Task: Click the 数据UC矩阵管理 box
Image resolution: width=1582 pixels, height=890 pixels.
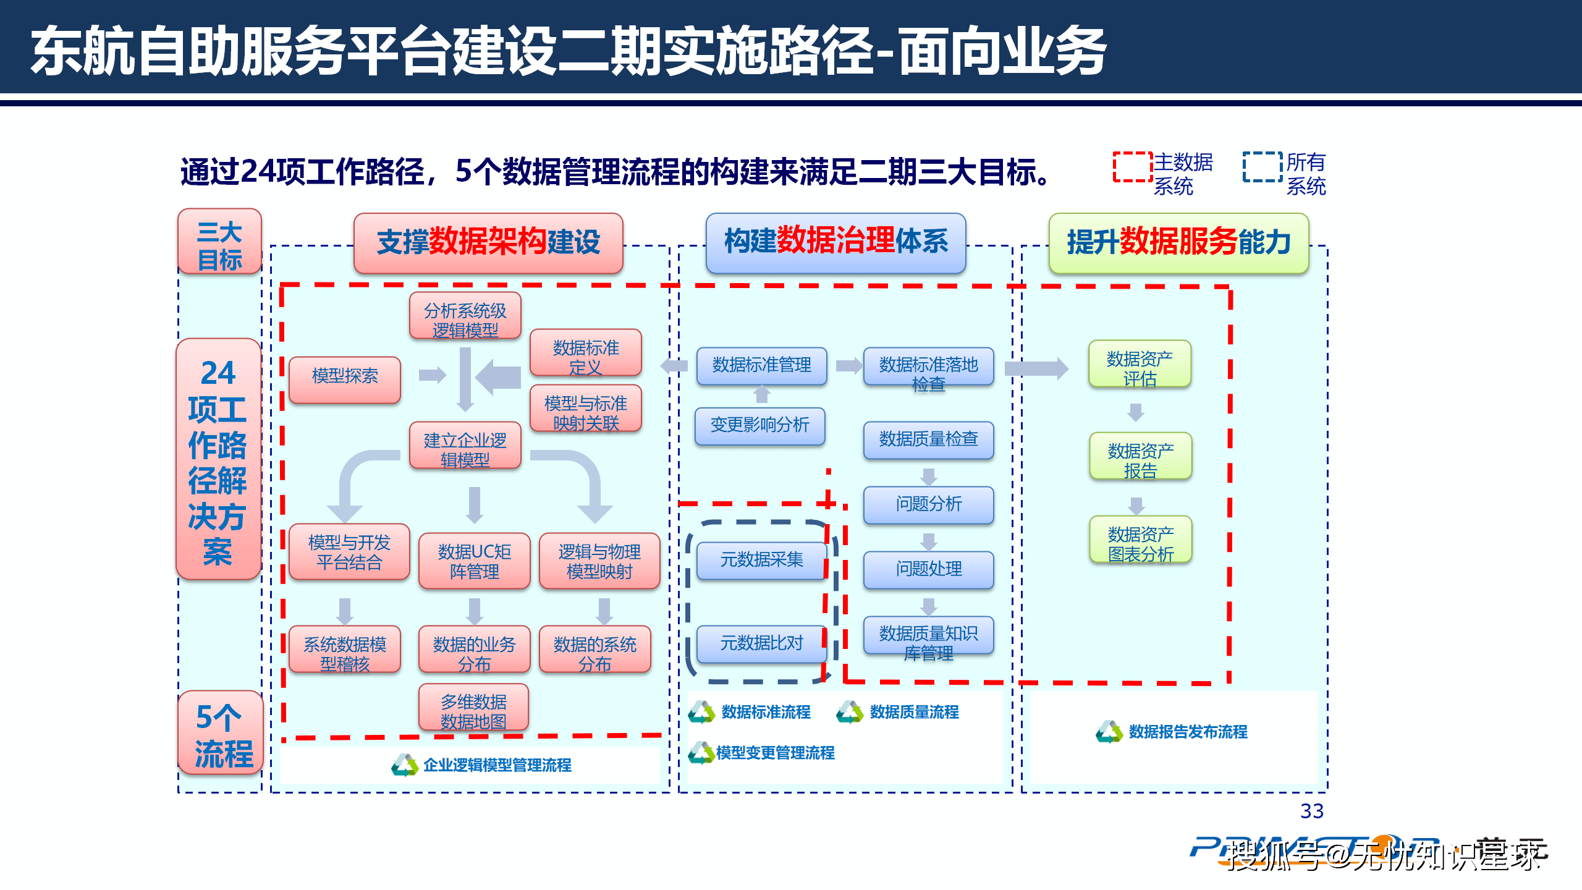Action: click(x=474, y=560)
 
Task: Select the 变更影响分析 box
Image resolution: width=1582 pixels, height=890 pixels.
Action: click(x=759, y=426)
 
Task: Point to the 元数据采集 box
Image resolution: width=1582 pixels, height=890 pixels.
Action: click(x=761, y=560)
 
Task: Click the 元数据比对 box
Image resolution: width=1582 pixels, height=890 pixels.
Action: click(x=761, y=643)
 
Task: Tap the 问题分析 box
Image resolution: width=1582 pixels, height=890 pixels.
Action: click(x=928, y=504)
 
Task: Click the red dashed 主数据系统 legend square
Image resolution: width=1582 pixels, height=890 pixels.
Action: click(x=1132, y=167)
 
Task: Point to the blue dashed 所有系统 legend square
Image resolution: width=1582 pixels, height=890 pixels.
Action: click(x=1262, y=167)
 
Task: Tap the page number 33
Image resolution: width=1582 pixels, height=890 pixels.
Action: click(x=1311, y=811)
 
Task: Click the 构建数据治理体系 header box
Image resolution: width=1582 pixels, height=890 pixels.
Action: click(x=835, y=242)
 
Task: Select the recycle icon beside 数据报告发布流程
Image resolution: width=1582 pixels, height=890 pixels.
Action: click(x=1109, y=732)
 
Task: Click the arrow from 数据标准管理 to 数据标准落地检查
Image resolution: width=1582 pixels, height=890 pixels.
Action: click(x=848, y=366)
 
